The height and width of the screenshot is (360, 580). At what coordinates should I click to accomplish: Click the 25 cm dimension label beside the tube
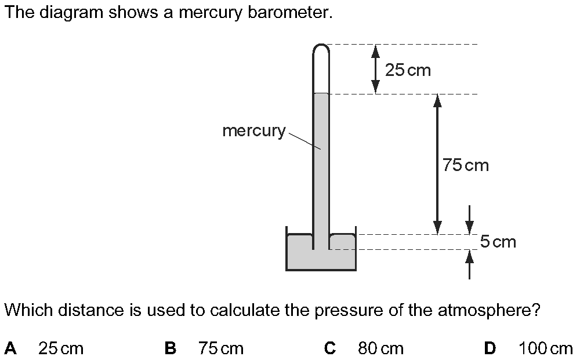(408, 70)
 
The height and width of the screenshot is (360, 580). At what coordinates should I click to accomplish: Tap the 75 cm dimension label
(466, 165)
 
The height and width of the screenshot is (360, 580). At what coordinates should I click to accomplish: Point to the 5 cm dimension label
(498, 242)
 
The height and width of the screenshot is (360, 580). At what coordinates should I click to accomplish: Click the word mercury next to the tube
(254, 131)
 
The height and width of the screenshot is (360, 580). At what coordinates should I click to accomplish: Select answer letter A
(10, 348)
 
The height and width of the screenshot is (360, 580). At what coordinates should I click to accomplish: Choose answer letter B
(170, 348)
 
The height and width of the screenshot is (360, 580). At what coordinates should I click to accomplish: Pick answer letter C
(330, 348)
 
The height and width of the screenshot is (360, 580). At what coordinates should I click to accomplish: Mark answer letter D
(490, 348)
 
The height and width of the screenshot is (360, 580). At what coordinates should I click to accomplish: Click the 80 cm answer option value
(380, 348)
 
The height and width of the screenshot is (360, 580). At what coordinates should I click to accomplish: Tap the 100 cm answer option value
(546, 348)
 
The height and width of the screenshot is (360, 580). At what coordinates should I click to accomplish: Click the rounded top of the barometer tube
(321, 45)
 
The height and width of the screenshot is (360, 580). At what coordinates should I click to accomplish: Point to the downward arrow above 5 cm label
(469, 220)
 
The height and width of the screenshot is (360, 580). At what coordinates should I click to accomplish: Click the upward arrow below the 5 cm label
(469, 264)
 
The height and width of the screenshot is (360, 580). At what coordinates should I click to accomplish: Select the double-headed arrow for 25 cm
(375, 69)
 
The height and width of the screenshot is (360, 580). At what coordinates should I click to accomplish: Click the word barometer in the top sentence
(290, 13)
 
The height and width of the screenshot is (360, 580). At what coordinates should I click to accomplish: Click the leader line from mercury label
(304, 141)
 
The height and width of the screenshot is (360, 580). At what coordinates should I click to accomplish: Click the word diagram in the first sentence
(71, 13)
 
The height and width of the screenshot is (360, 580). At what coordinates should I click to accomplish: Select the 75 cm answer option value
(221, 348)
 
